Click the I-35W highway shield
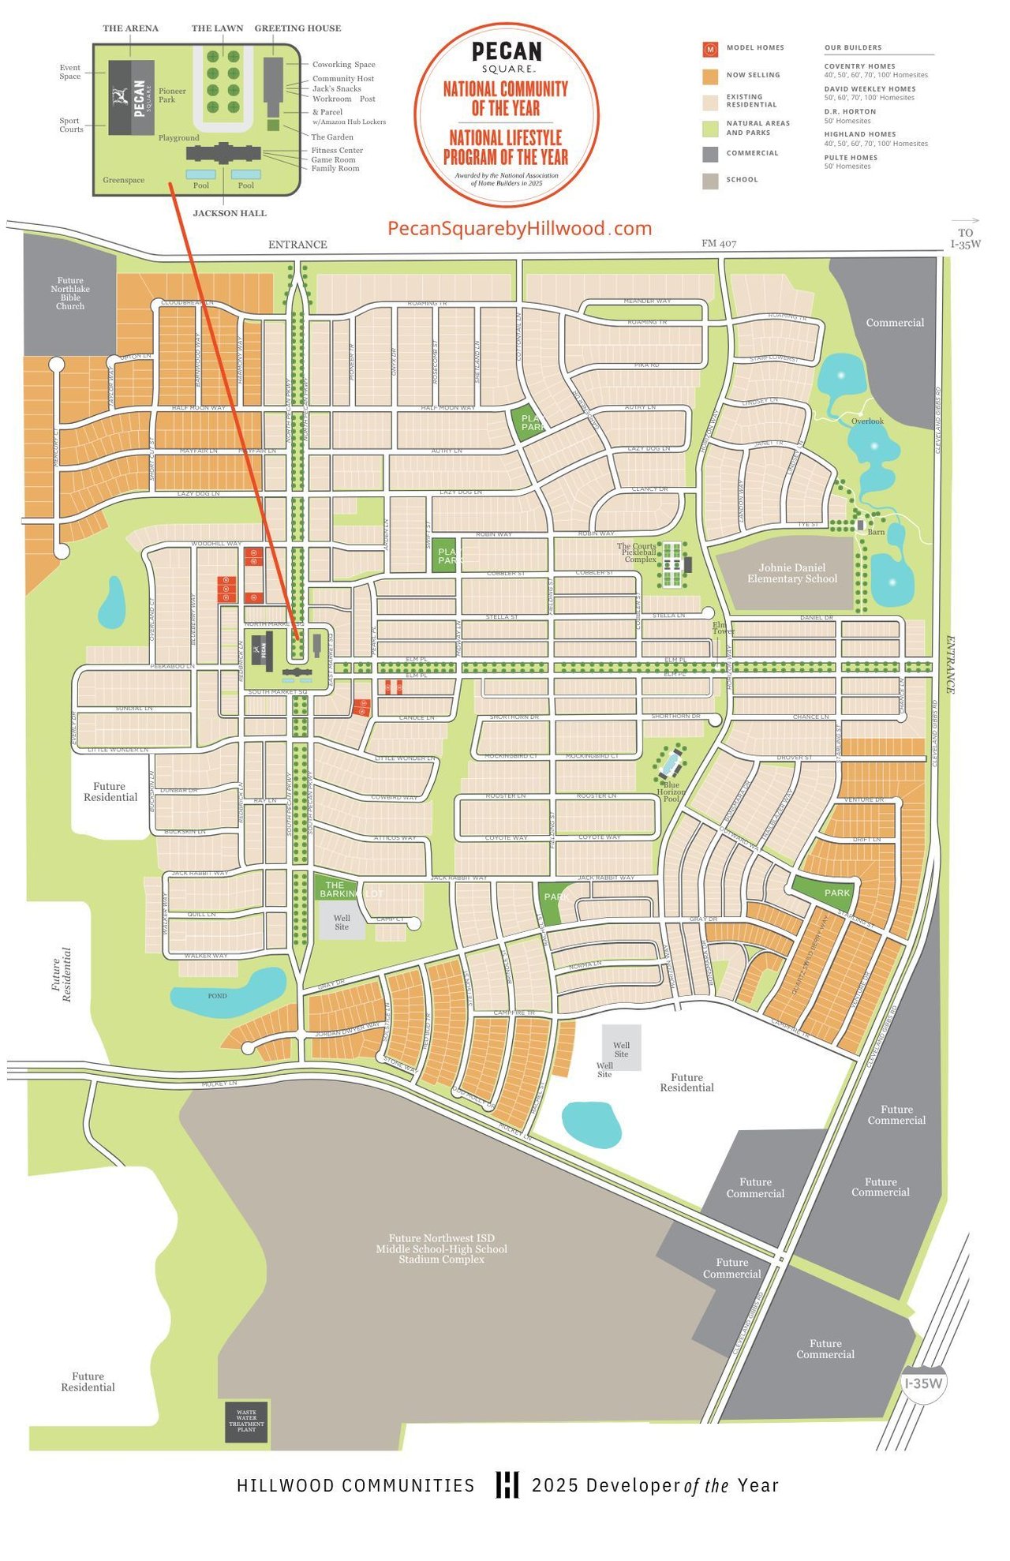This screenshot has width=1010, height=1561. tap(923, 1383)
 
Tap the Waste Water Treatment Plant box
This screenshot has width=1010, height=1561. tap(246, 1422)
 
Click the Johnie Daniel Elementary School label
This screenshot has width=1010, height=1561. tap(792, 573)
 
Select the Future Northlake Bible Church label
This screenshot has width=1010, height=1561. tap(70, 293)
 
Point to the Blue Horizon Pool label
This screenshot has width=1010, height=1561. tap(671, 792)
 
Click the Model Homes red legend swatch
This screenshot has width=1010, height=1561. tap(710, 49)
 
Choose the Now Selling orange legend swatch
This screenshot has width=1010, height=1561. tap(710, 76)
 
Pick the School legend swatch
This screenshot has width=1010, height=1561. tap(710, 181)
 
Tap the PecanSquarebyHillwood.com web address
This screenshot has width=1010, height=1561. tap(519, 229)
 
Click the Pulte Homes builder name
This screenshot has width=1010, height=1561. tap(851, 158)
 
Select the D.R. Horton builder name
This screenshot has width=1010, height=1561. tap(850, 112)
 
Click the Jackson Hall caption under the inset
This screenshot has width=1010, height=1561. tap(230, 213)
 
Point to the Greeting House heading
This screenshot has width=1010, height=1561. tap(297, 28)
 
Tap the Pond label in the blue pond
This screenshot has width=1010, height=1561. tap(217, 996)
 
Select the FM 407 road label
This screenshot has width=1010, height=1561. tap(719, 243)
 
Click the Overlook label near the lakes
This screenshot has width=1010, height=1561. tap(867, 421)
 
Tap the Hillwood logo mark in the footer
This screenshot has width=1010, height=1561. tap(507, 1484)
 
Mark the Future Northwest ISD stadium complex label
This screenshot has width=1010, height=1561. tap(441, 1248)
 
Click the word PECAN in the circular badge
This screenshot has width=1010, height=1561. tap(507, 52)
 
